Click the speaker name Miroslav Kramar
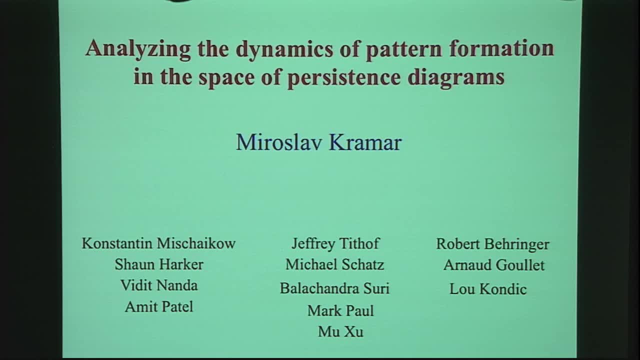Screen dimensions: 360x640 point(318,142)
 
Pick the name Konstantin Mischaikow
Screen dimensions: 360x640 point(158,243)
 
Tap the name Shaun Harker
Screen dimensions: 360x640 point(159,264)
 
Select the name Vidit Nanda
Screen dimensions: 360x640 point(159,285)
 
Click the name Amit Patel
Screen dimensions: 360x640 point(159,306)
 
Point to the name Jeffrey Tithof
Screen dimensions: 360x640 point(335,243)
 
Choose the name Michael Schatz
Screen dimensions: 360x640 point(334,264)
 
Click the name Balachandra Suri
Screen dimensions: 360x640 point(334,288)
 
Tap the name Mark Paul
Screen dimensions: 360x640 point(340,311)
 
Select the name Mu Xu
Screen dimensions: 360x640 point(340,332)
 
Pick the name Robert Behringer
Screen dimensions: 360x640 point(492,244)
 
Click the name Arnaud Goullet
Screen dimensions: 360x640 point(494,265)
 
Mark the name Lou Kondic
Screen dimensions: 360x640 point(488,289)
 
